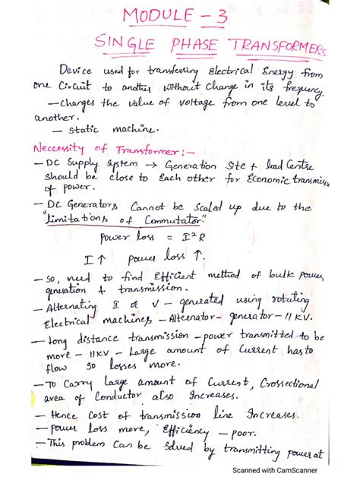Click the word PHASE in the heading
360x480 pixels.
coord(199,46)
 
